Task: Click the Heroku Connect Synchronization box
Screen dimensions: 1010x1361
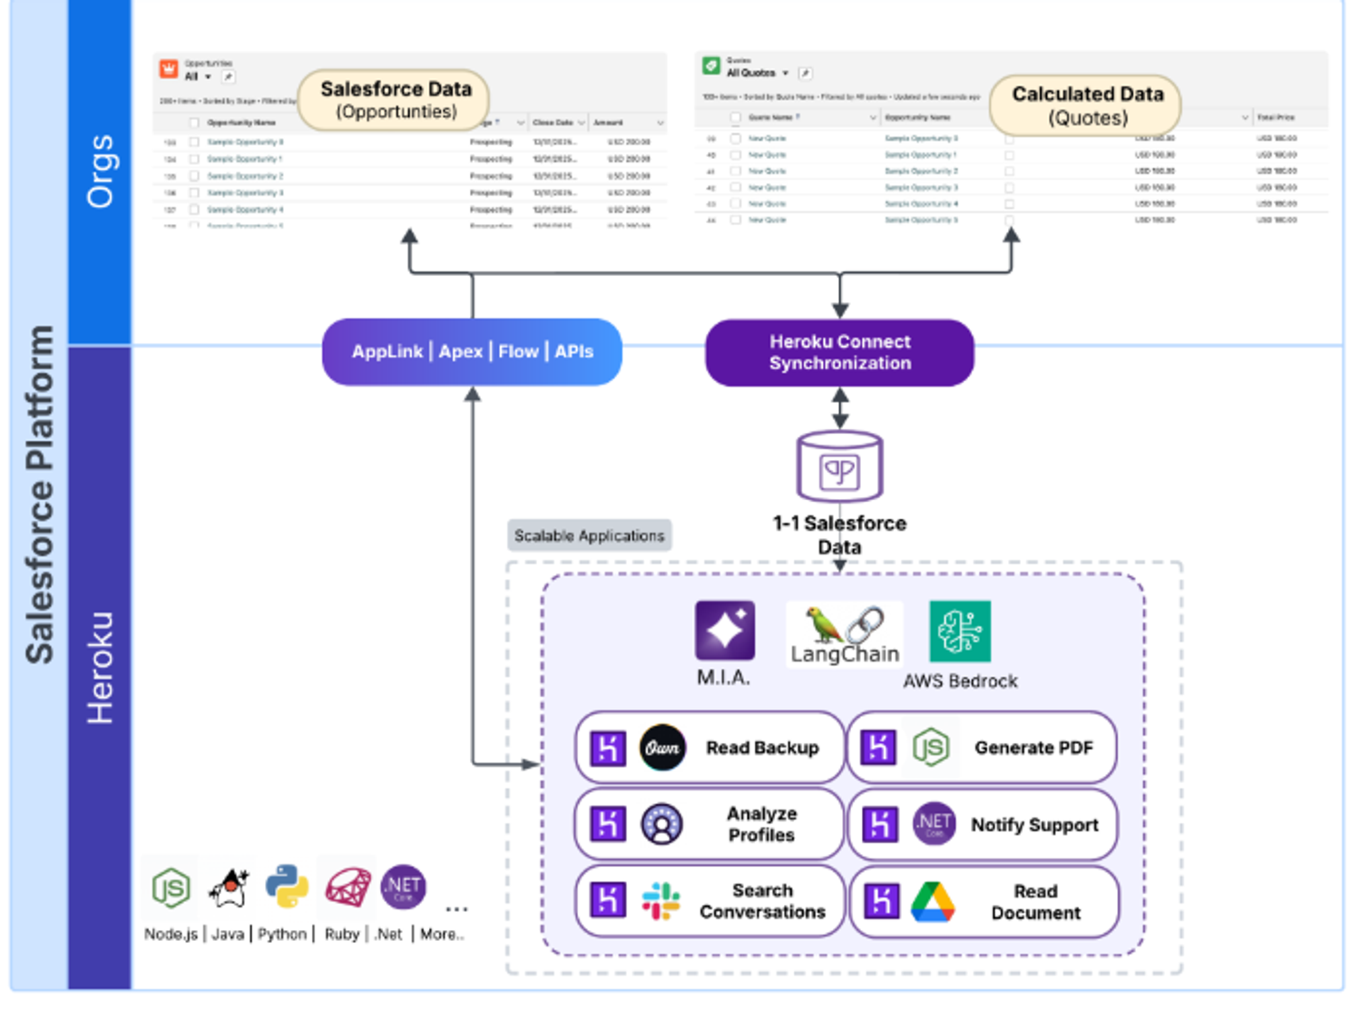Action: tap(839, 352)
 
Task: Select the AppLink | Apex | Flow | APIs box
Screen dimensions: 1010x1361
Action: tap(472, 351)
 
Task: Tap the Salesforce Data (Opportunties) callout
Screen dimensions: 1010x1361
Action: tap(396, 100)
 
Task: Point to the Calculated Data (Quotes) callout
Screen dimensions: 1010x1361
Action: tap(1086, 105)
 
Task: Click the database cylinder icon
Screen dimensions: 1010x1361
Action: tap(839, 466)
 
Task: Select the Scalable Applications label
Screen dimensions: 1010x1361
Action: tap(589, 535)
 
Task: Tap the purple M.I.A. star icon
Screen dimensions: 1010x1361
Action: tap(724, 630)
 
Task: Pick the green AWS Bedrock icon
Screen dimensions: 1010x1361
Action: tap(960, 632)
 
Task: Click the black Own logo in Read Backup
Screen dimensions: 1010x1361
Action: tap(662, 748)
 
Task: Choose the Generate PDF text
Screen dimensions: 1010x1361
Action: tap(1033, 748)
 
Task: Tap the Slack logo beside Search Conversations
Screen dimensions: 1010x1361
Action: tap(661, 901)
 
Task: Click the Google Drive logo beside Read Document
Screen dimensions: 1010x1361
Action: tap(933, 902)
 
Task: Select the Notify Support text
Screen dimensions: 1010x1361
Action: tap(1034, 825)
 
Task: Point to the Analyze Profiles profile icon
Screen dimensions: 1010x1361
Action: tap(662, 824)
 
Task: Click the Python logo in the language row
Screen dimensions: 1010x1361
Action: tap(287, 887)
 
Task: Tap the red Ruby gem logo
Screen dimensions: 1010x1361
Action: tap(348, 887)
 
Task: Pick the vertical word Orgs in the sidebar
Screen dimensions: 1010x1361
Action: tap(100, 172)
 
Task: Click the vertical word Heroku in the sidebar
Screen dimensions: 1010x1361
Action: tap(100, 667)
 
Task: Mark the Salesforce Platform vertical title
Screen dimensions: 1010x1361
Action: tap(39, 495)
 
